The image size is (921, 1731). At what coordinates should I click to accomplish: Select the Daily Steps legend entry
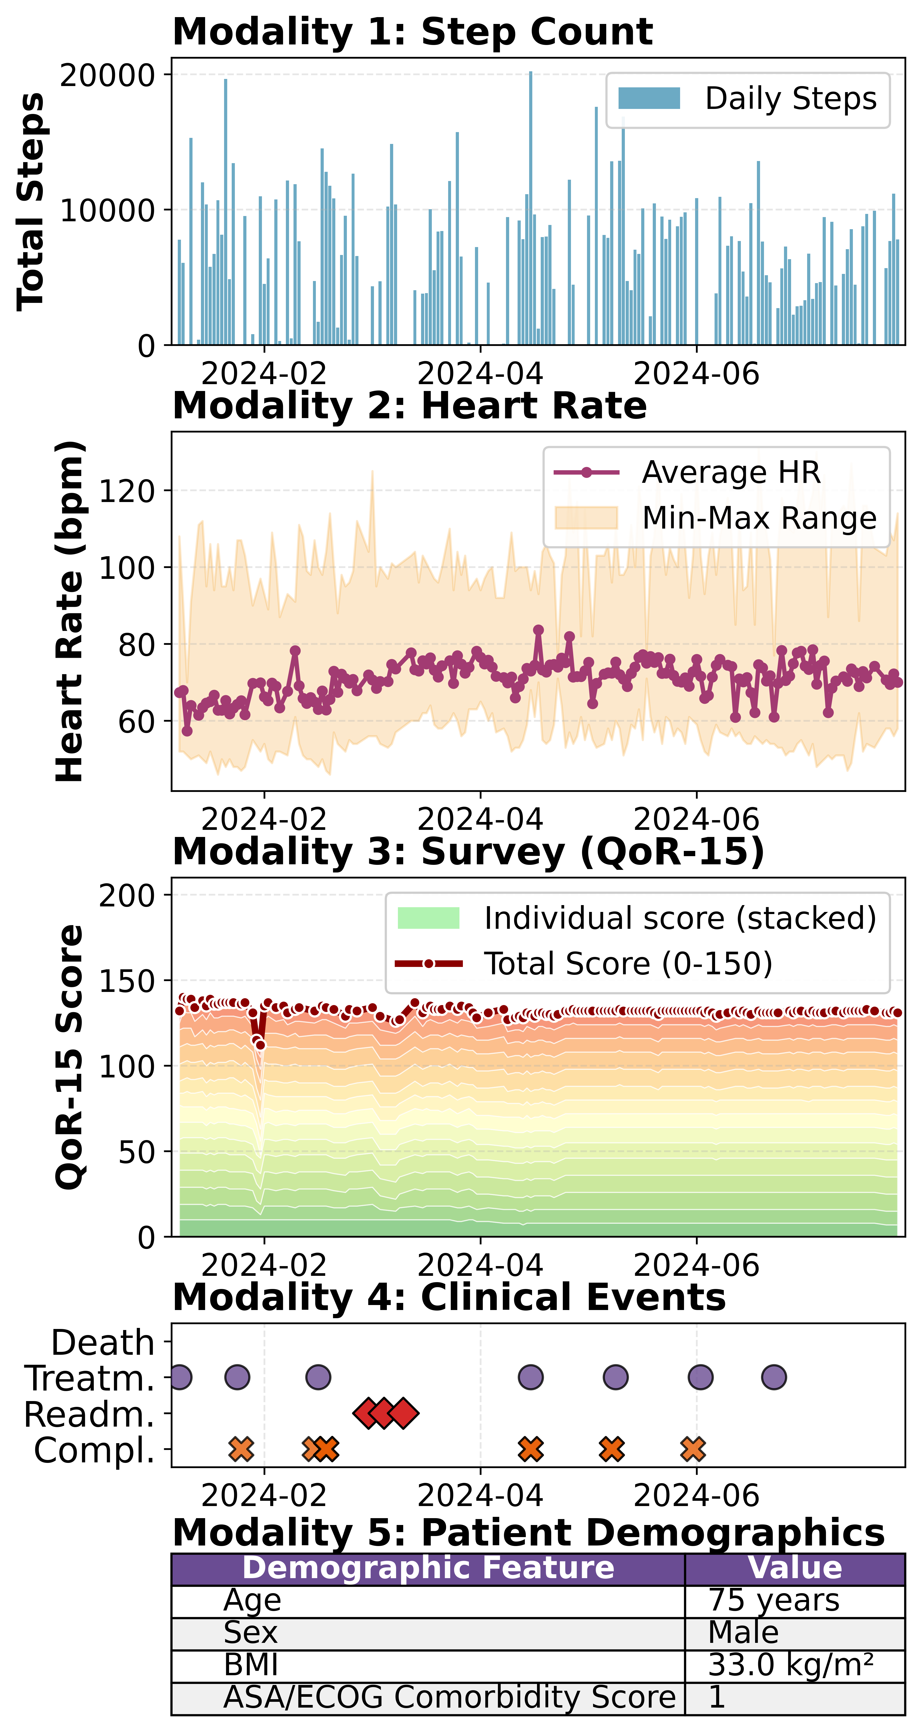click(x=747, y=99)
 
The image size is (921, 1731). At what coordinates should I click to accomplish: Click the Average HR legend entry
click(x=687, y=472)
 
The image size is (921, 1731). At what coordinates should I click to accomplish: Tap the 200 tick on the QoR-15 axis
click(x=126, y=896)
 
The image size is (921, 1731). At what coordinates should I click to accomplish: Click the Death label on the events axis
click(x=103, y=1343)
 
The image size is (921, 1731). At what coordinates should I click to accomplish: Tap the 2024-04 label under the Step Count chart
click(x=480, y=374)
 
